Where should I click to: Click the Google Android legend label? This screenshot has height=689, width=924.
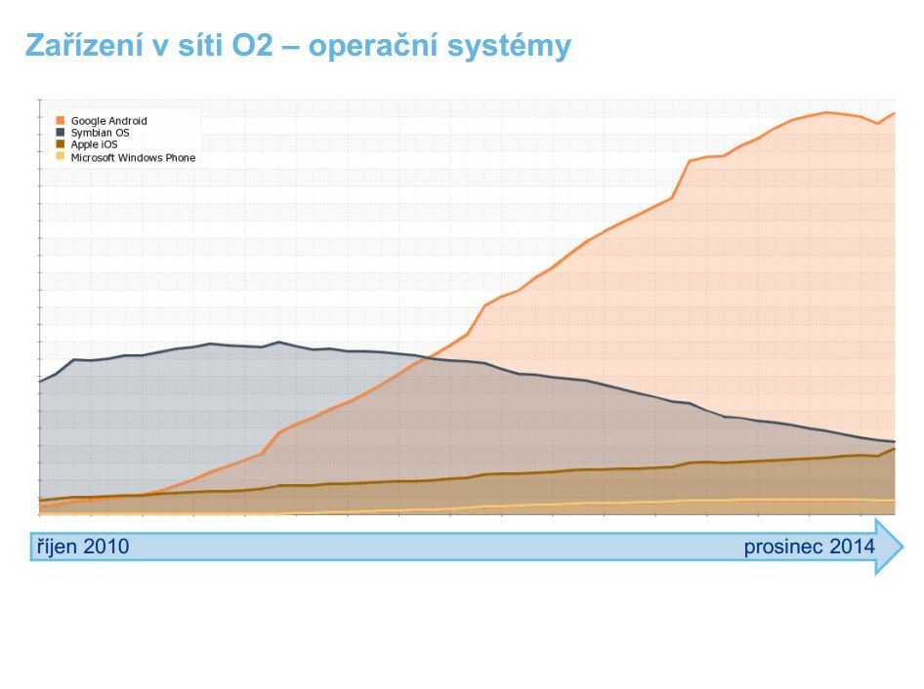click(x=108, y=121)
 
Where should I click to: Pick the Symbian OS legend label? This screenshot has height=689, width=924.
click(x=100, y=133)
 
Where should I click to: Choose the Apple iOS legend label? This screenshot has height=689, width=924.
click(x=94, y=144)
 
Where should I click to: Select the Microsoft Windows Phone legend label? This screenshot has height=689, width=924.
click(x=133, y=157)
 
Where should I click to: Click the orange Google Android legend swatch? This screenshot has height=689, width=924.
click(x=61, y=121)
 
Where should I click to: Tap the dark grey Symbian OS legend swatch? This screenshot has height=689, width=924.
click(x=61, y=133)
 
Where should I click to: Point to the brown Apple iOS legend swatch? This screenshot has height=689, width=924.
click(x=61, y=144)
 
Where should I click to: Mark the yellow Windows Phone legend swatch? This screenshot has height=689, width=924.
click(x=61, y=157)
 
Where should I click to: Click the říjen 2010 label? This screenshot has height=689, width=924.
click(x=79, y=547)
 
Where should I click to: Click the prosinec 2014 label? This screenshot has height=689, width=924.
click(x=809, y=547)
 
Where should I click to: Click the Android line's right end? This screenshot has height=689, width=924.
click(x=894, y=113)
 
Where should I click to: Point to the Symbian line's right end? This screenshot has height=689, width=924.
click(x=894, y=442)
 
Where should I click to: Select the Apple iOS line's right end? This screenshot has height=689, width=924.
click(x=894, y=449)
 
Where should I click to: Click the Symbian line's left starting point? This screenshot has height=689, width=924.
click(x=40, y=381)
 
